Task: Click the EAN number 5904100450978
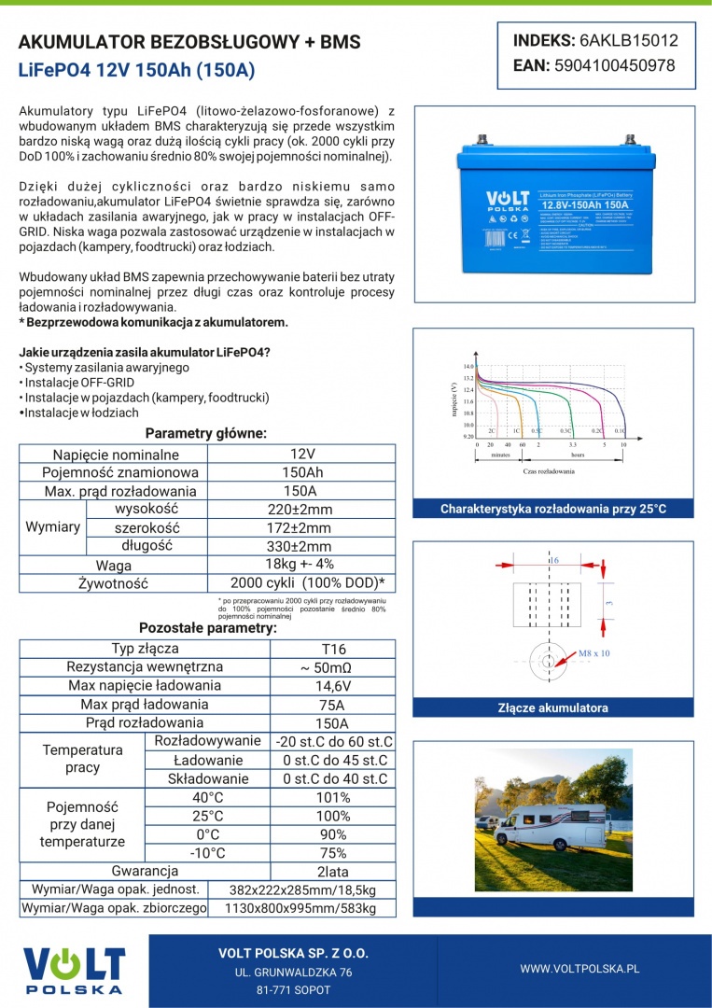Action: (x=614, y=65)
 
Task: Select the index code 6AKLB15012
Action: (x=628, y=41)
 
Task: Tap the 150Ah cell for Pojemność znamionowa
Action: (x=302, y=472)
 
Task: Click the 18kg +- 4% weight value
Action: (x=300, y=564)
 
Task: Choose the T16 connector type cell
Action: (x=333, y=649)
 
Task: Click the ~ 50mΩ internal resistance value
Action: (x=333, y=667)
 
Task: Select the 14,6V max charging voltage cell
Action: (x=333, y=686)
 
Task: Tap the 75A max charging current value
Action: (x=333, y=705)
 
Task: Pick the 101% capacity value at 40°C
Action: (x=333, y=797)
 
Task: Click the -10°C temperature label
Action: (x=207, y=853)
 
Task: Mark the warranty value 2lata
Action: (x=333, y=871)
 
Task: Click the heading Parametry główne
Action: (x=206, y=433)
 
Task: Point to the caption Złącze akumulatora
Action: (x=553, y=707)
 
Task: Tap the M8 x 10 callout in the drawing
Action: (x=594, y=653)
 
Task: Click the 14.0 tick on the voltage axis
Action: (x=468, y=367)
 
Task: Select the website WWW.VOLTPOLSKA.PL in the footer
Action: (x=579, y=969)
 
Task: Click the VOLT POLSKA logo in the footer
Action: (x=74, y=970)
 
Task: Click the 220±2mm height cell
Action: (x=300, y=510)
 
